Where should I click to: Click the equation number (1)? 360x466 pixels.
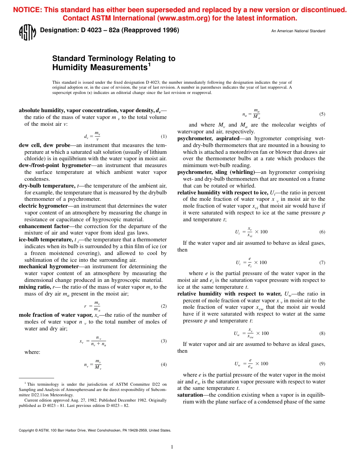[164, 136]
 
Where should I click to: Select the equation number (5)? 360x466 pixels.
[322, 114]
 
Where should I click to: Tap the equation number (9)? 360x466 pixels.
[322, 364]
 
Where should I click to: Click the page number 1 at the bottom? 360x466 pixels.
[172, 447]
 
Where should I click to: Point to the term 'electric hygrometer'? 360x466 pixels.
[43, 206]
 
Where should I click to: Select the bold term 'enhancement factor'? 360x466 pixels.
[44, 226]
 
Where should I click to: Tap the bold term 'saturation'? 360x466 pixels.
[190, 395]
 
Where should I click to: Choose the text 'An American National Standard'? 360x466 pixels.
[298, 31]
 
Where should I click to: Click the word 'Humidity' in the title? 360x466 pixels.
[70, 68]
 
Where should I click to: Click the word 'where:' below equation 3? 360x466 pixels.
[32, 352]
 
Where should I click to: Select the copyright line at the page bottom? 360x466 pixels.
[95, 430]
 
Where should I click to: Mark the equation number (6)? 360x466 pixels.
[322, 232]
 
